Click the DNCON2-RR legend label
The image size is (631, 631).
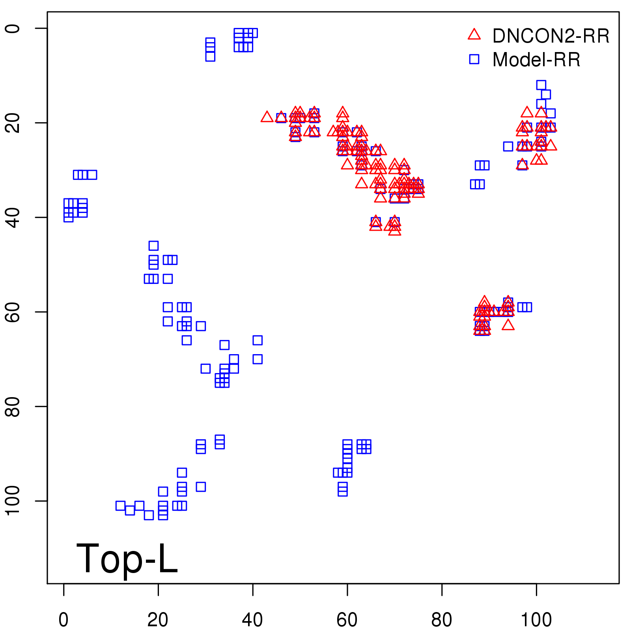[x=551, y=36]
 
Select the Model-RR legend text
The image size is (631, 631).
[x=536, y=60]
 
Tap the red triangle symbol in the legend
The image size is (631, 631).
[x=474, y=35]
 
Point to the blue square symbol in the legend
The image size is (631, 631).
[x=474, y=59]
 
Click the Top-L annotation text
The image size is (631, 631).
[x=127, y=558]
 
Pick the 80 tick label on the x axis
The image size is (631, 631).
[x=442, y=620]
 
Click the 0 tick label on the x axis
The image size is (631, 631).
[x=63, y=620]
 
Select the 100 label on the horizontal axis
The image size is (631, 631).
[x=536, y=620]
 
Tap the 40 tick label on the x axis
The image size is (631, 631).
[x=252, y=620]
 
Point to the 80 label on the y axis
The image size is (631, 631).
[x=13, y=406]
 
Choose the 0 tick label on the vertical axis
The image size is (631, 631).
[x=13, y=28]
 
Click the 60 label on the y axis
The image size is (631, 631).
[x=13, y=312]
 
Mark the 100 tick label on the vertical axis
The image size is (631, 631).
[x=13, y=501]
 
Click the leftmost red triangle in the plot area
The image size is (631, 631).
[x=267, y=117]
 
